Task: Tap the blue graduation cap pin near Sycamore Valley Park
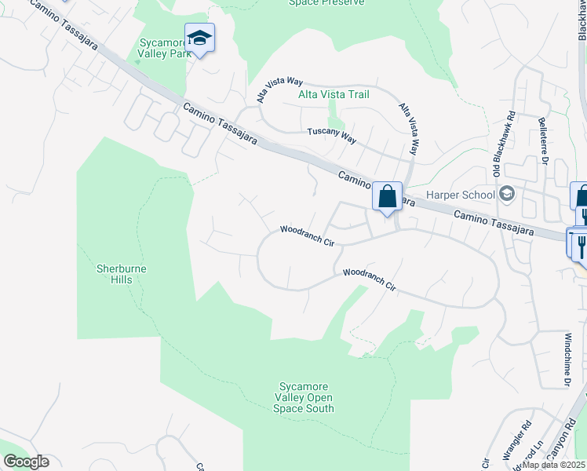point(199,38)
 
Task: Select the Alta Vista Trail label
point(334,94)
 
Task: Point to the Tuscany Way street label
point(331,136)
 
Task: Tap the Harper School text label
point(461,195)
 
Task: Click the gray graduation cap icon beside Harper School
point(508,193)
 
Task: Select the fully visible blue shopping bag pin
point(387,197)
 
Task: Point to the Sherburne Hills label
point(122,274)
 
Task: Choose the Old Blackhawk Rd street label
point(503,148)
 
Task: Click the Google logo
point(26,462)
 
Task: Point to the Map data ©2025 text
point(554,465)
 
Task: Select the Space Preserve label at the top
point(326,3)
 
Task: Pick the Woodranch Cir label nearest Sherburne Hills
point(308,235)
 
